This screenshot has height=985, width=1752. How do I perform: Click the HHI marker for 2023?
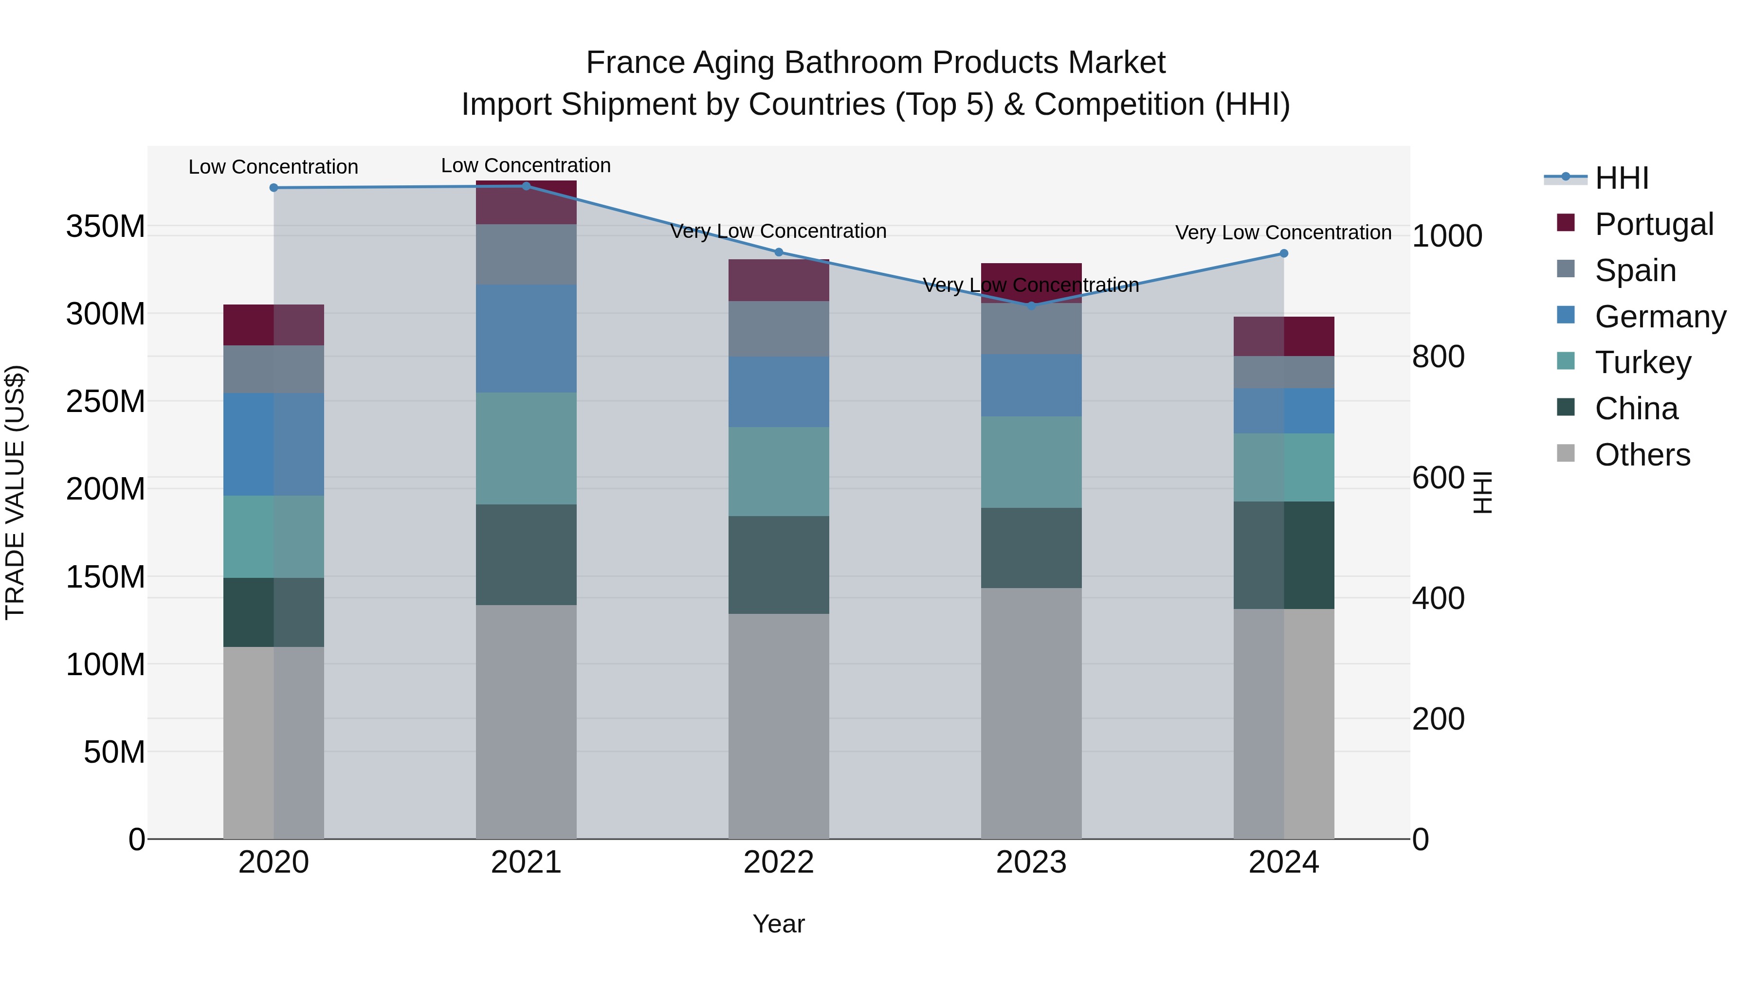pos(1031,306)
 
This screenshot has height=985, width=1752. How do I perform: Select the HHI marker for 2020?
pos(274,188)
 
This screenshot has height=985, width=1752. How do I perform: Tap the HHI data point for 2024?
pos(1283,253)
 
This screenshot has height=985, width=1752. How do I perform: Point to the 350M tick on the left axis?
pos(106,226)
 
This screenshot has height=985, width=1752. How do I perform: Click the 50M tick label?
pos(114,752)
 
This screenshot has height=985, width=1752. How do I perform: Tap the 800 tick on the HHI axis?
pos(1438,357)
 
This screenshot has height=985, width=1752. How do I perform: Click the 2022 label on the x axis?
pos(778,862)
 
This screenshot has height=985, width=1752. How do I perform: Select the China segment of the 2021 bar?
pos(526,554)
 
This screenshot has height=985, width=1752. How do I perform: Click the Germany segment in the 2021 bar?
pos(526,338)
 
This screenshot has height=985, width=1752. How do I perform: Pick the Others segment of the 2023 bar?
pos(1031,713)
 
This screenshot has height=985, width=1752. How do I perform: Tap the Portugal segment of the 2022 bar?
pos(778,280)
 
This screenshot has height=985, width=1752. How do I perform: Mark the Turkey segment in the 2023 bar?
pos(1031,462)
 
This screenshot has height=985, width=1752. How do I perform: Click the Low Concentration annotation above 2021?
pos(526,165)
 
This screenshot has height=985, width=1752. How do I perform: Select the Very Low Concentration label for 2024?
pos(1283,233)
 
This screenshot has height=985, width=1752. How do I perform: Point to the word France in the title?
pos(635,63)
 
